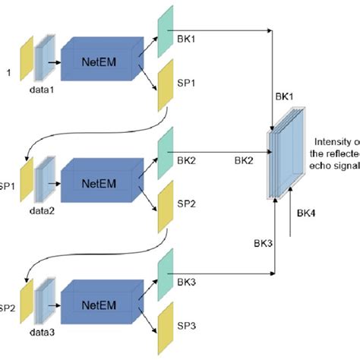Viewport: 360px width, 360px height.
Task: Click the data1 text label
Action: pyautogui.click(x=43, y=88)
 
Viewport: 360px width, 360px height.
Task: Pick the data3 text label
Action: pyautogui.click(x=44, y=336)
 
